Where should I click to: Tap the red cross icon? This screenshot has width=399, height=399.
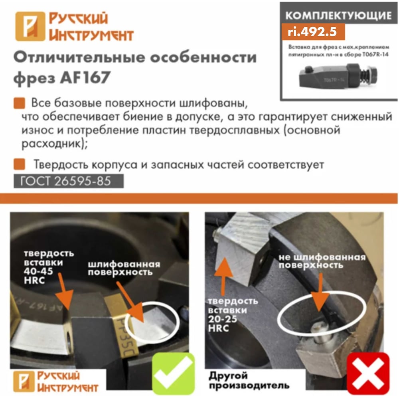pyautogui.click(x=368, y=373)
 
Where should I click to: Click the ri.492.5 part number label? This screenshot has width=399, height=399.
pyautogui.click(x=312, y=32)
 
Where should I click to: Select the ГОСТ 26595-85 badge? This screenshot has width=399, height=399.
pyautogui.click(x=69, y=181)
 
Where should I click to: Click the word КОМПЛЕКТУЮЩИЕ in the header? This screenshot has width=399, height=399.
pyautogui.click(x=338, y=16)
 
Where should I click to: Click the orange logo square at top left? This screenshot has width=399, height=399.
pyautogui.click(x=30, y=26)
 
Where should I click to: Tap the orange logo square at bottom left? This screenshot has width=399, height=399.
pyautogui.click(x=24, y=381)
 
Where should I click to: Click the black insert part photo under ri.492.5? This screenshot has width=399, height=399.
pyautogui.click(x=338, y=76)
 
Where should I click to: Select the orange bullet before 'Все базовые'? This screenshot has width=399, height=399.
pyautogui.click(x=19, y=103)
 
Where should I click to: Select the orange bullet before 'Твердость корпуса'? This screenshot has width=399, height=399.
pyautogui.click(x=19, y=164)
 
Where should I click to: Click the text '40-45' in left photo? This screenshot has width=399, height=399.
pyautogui.click(x=38, y=271)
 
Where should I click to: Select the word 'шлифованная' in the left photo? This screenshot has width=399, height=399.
pyautogui.click(x=124, y=265)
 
